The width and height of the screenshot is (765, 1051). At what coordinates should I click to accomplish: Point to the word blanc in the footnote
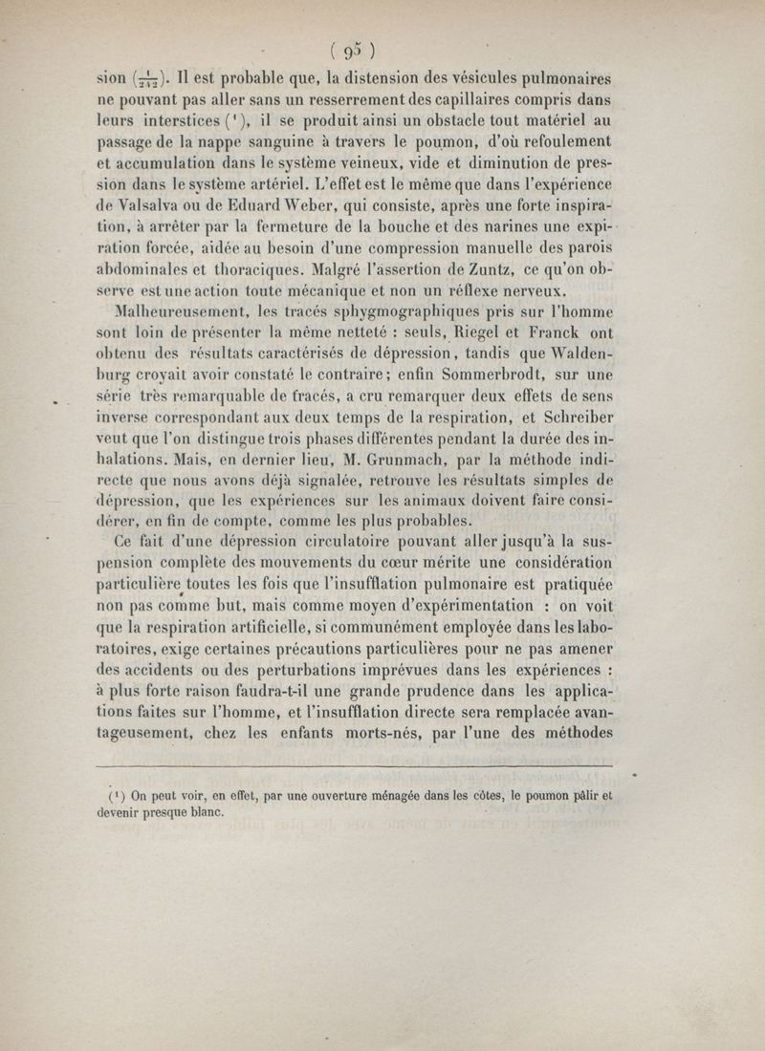point(202,813)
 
